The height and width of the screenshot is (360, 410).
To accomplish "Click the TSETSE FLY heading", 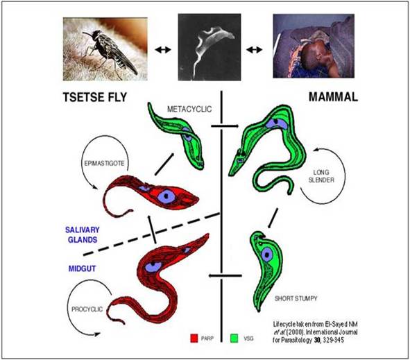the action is point(95,97).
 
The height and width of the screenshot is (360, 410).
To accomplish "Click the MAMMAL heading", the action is point(333,97).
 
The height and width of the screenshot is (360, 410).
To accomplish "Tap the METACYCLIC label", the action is point(189,109).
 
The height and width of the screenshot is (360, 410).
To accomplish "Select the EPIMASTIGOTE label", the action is point(104,164).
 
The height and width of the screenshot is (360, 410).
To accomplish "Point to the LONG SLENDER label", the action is point(321,176).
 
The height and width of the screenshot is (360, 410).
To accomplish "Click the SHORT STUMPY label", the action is point(296,298).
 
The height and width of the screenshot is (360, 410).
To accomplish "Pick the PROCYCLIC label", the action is point(87,309).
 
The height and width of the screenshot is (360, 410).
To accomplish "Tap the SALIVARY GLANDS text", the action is point(83,234).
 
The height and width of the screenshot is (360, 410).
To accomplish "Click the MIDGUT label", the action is point(82,268).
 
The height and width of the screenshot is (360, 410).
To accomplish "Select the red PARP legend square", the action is point(194,338).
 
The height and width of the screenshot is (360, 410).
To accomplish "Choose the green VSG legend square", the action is point(234,338).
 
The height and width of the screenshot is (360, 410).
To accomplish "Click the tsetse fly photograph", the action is point(105,49).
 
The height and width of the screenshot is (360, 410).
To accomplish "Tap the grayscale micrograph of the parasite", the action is point(210,47).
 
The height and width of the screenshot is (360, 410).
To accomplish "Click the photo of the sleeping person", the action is point(314,46).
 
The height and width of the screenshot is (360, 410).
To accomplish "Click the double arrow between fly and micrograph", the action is point(163,49).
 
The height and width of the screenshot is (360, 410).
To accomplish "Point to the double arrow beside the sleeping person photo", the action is point(255,49).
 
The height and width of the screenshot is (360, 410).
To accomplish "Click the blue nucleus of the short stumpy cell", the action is point(267,254).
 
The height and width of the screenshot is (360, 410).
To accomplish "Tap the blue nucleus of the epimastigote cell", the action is point(166,196).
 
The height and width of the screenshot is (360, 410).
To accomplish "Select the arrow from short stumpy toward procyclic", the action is point(225,275).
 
